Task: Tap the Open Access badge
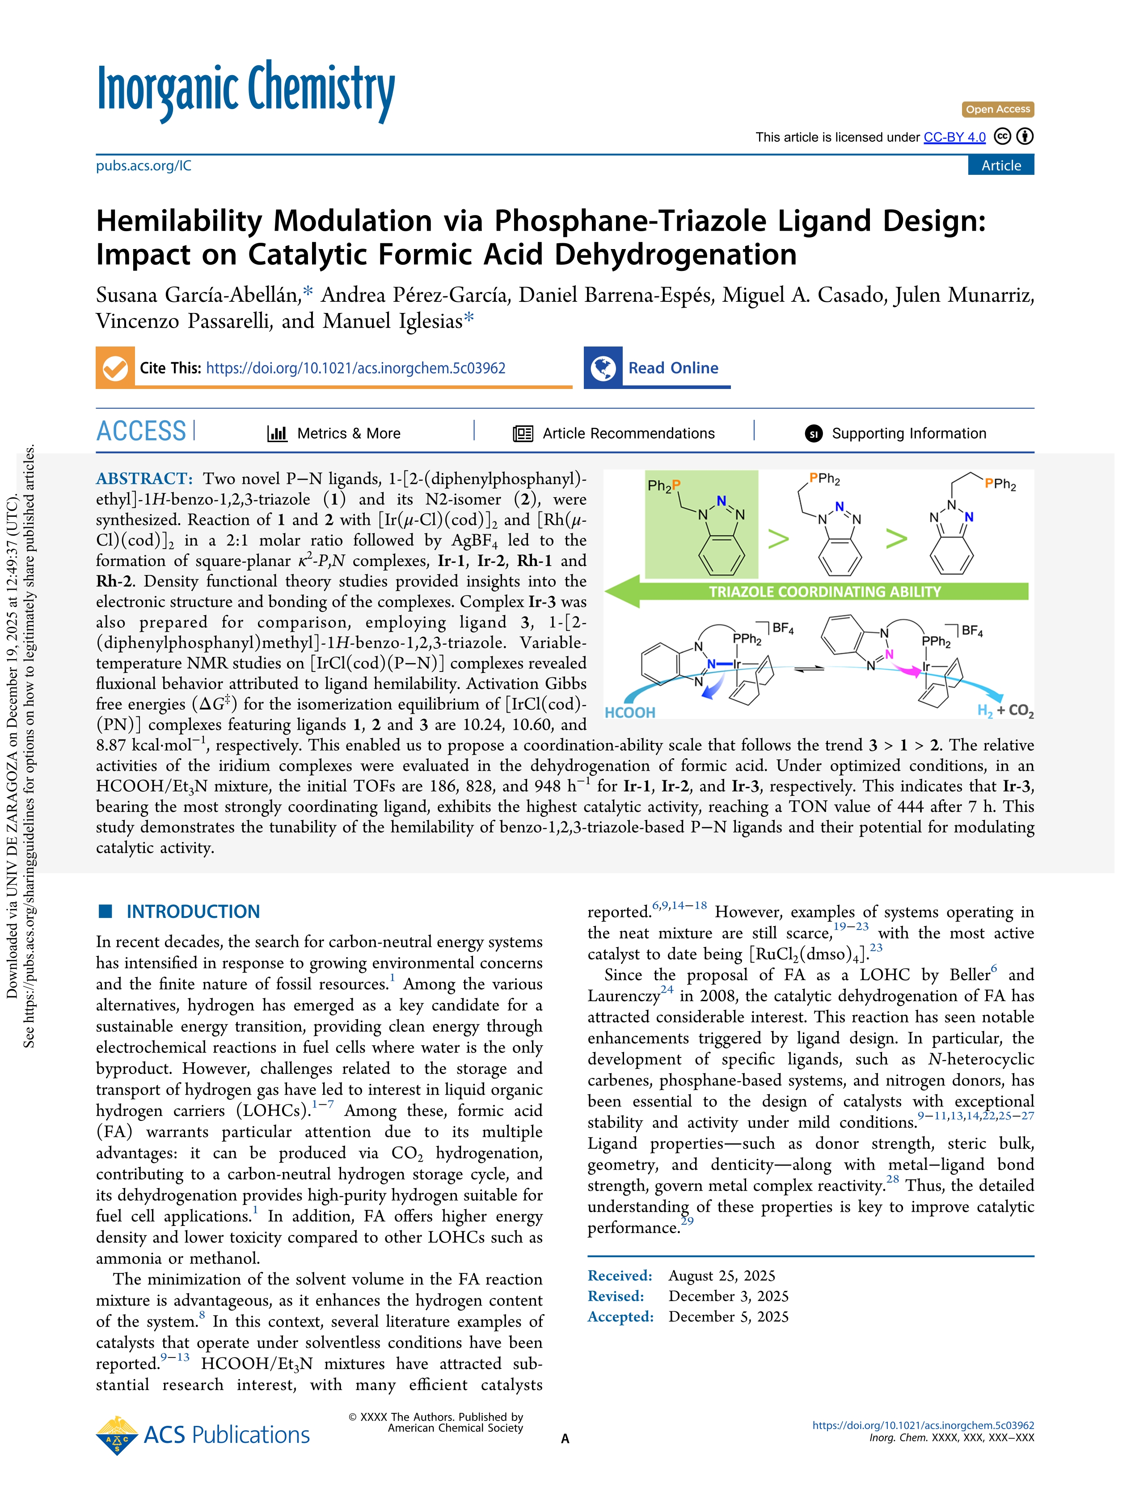point(997,109)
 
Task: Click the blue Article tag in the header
point(1001,165)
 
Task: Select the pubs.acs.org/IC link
point(143,166)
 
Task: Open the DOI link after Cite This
point(355,368)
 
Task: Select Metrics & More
point(348,433)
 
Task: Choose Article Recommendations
point(628,433)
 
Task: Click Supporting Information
point(908,433)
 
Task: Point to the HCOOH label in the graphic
point(630,712)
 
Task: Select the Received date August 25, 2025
point(722,1276)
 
